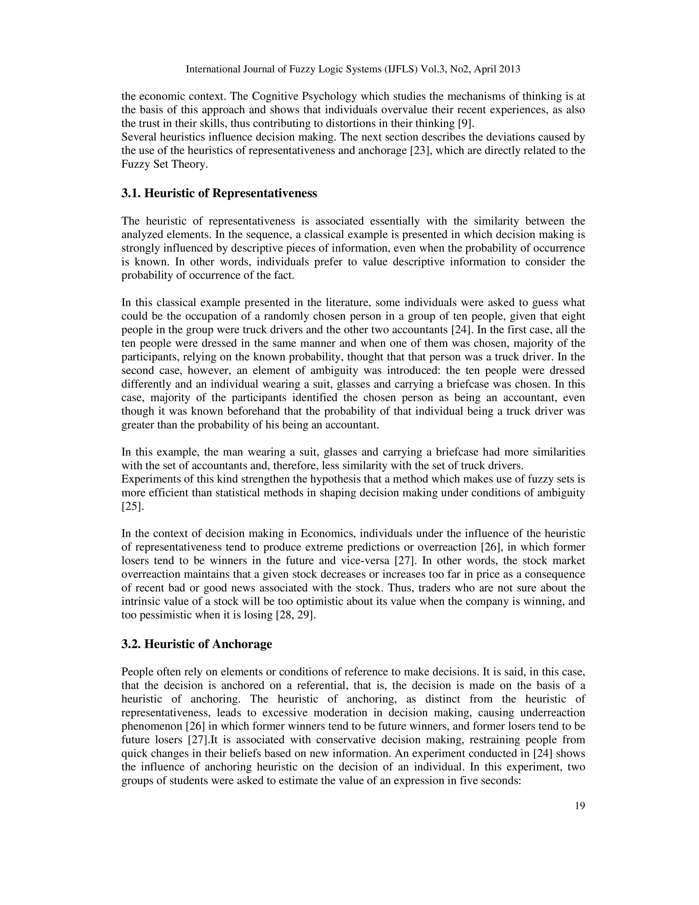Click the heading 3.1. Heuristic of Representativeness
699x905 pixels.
[x=219, y=194]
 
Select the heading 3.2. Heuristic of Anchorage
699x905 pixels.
[x=197, y=644]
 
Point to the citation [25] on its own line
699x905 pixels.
[x=132, y=506]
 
